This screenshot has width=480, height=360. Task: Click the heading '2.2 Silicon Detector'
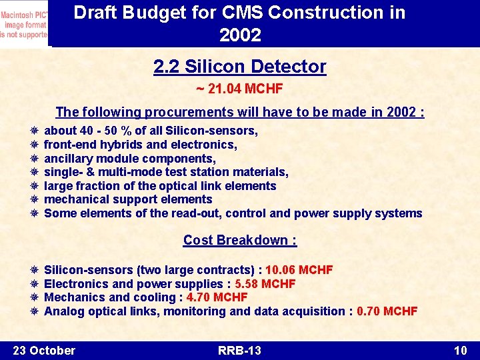[240, 67]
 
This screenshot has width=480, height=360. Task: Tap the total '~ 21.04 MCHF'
[240, 88]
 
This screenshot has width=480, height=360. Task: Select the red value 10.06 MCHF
[299, 270]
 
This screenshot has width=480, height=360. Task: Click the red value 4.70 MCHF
[217, 297]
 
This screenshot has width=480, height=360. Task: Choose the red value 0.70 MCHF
[387, 311]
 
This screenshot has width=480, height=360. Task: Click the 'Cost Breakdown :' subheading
[240, 240]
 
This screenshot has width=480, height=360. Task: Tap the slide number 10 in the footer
[460, 351]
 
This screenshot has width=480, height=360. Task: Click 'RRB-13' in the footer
[239, 351]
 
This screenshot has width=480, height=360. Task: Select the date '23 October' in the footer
[44, 351]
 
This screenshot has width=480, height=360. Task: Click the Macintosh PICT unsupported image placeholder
[24, 23]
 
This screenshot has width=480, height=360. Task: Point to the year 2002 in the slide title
[240, 35]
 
